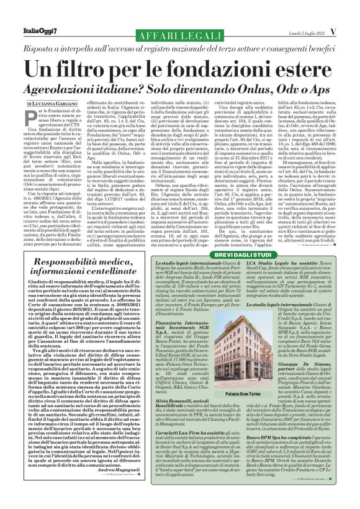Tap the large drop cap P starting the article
pos(33,115)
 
